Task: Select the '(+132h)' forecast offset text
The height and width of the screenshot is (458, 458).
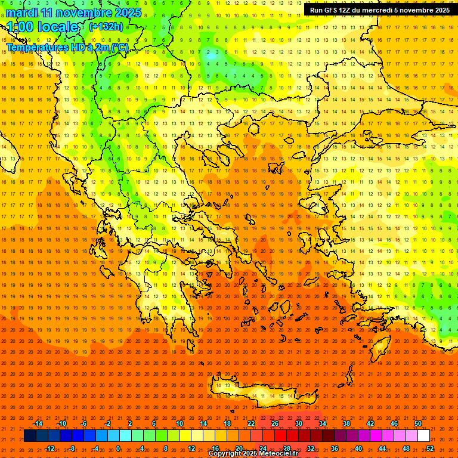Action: pyautogui.click(x=106, y=26)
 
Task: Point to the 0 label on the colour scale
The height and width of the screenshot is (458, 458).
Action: pyautogui.click(x=118, y=448)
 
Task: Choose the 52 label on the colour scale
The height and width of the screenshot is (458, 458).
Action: pyautogui.click(x=430, y=448)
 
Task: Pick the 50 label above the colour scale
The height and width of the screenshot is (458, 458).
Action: pyautogui.click(x=418, y=423)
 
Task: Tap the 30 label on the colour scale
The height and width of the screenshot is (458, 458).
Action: pyautogui.click(x=299, y=423)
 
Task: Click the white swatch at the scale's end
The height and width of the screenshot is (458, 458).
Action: pyautogui.click(x=424, y=436)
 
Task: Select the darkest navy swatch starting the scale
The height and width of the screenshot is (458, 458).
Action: pyautogui.click(x=30, y=436)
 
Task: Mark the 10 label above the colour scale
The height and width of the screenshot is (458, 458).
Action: pyautogui.click(x=180, y=423)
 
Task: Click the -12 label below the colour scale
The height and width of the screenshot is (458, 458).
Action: pyautogui.click(x=49, y=448)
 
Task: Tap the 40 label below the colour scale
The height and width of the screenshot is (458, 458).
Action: pyautogui.click(x=358, y=448)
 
